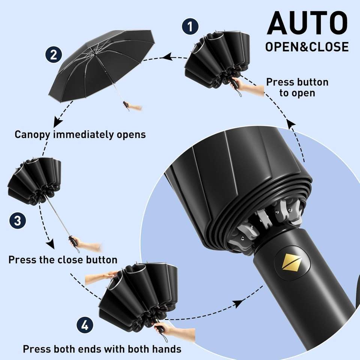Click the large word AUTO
click(x=307, y=23)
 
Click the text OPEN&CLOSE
click(x=307, y=46)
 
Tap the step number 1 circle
click(x=190, y=27)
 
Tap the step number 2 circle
click(x=53, y=55)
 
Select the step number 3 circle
click(x=17, y=221)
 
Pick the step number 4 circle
click(x=85, y=325)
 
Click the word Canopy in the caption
click(x=32, y=134)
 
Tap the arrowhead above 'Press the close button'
click(x=50, y=244)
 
